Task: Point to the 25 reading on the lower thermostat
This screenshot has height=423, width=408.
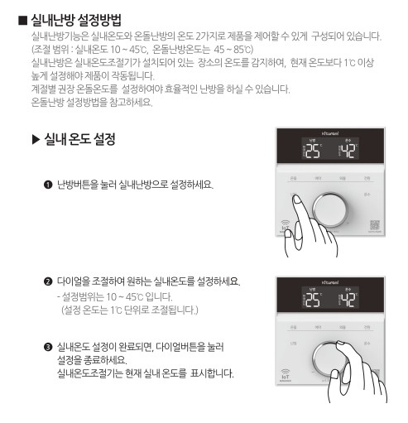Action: [x=310, y=301]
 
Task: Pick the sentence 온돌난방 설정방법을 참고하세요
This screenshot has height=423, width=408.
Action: [x=91, y=103]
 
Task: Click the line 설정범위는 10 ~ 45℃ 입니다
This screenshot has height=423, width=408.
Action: [x=113, y=296]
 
